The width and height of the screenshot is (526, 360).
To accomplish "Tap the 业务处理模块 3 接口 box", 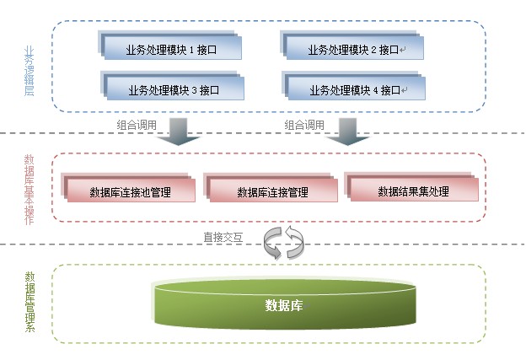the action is (172, 86).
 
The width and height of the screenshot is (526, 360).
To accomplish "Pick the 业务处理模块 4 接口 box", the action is (354, 86).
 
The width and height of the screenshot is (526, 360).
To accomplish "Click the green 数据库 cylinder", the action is (285, 303).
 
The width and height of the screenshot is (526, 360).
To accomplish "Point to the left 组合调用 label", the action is (137, 125).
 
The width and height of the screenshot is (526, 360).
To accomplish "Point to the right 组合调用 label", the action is (304, 125).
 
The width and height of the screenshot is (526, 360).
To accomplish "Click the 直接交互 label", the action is (223, 238).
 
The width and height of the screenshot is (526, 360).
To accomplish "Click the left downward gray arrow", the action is (179, 132).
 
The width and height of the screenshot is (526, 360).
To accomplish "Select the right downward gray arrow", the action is (348, 132).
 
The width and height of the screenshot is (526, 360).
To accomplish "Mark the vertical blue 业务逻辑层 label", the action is (30, 71).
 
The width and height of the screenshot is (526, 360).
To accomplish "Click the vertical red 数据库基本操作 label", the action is (30, 190).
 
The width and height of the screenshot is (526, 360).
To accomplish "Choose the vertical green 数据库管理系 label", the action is (30, 302).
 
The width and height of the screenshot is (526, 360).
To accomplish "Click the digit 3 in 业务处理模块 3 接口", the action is (194, 90).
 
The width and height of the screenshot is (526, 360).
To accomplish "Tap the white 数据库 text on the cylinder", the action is (284, 305).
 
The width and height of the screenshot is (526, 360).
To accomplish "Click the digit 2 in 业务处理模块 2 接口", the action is (373, 50).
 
